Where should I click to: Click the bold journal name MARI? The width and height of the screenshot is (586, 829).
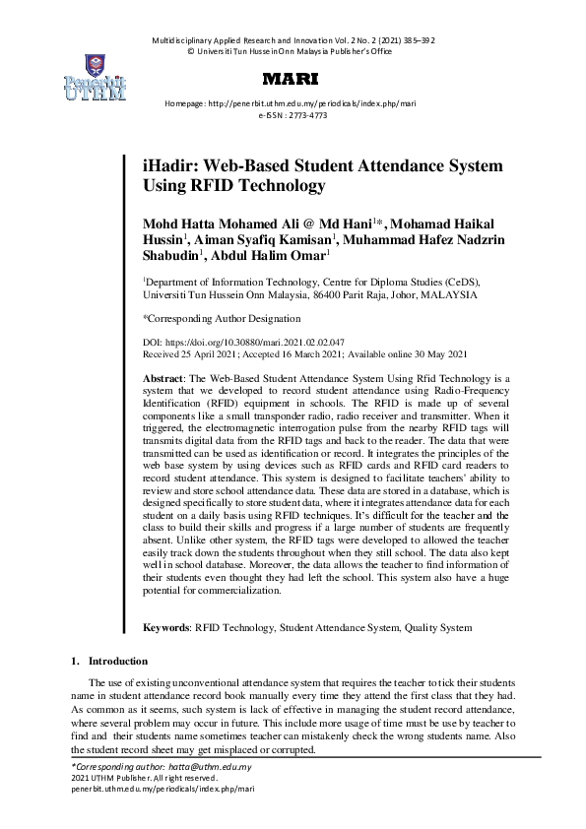tap(293, 78)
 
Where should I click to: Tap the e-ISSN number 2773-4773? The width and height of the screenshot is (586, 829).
tap(306, 115)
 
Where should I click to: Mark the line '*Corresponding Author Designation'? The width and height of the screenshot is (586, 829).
tap(222, 319)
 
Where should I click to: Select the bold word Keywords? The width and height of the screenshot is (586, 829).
tap(165, 626)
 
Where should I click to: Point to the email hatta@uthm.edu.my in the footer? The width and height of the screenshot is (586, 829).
tap(211, 766)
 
